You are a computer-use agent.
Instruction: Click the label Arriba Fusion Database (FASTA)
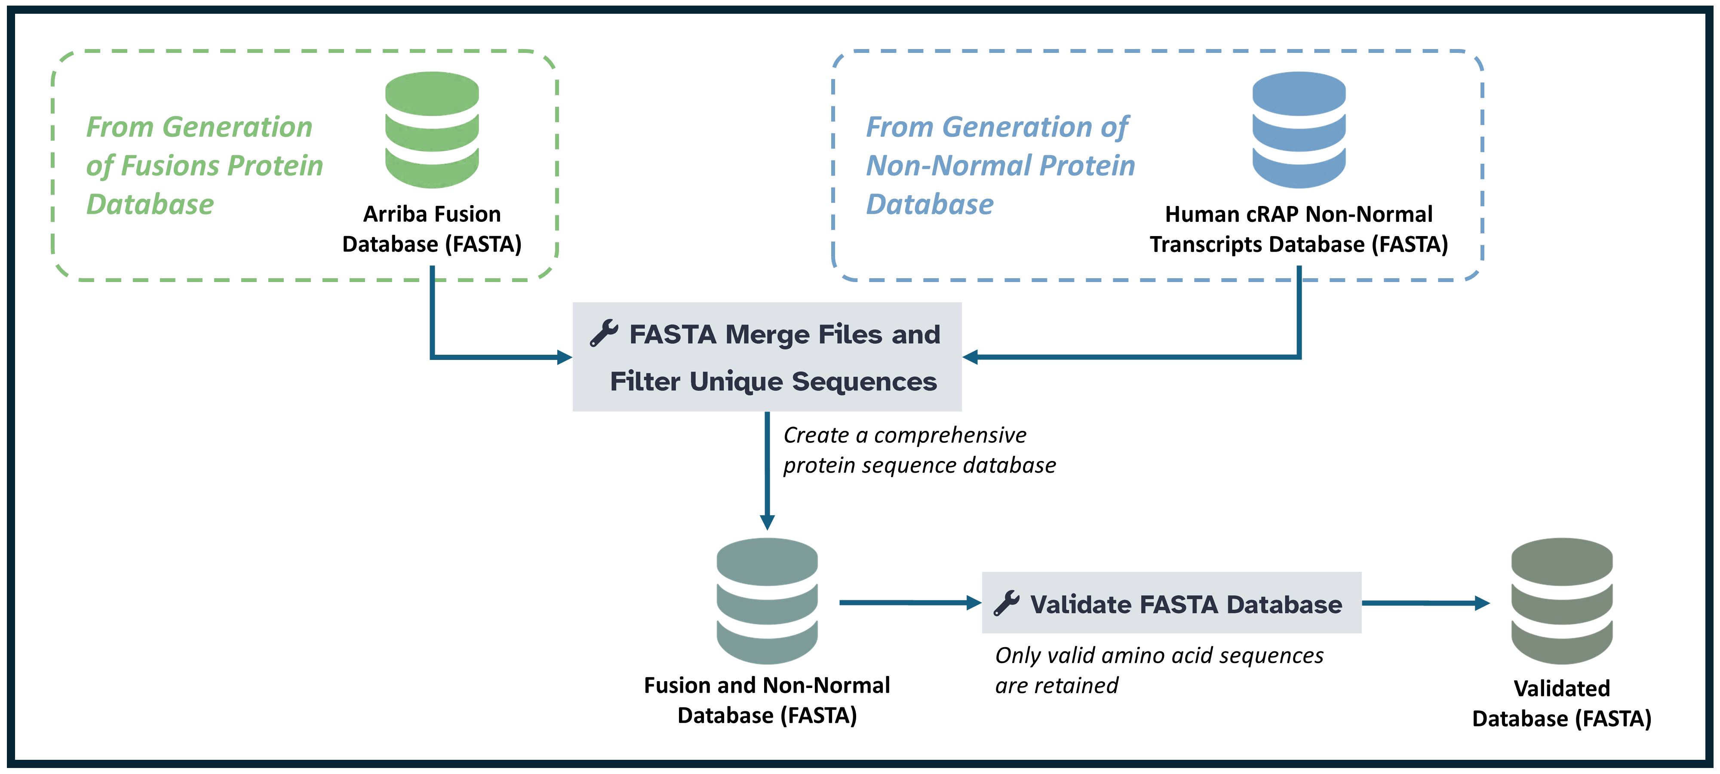[432, 229]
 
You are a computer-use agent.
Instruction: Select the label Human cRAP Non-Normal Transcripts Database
[1299, 229]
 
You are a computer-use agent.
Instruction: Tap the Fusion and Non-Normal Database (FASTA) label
[767, 700]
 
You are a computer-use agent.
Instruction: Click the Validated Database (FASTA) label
[1562, 703]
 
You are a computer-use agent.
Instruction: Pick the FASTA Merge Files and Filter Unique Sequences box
[767, 356]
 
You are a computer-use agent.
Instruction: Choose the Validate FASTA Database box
[1172, 602]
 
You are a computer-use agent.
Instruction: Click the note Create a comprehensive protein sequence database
[919, 450]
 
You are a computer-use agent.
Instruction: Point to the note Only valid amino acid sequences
[1159, 670]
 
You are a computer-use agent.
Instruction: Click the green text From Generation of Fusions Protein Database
[204, 165]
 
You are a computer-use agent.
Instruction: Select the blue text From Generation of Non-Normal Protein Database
[1000, 165]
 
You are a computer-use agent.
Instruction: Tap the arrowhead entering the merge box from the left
[564, 357]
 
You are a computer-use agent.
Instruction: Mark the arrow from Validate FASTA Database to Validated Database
[1425, 603]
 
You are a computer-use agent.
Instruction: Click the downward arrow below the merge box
[767, 471]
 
